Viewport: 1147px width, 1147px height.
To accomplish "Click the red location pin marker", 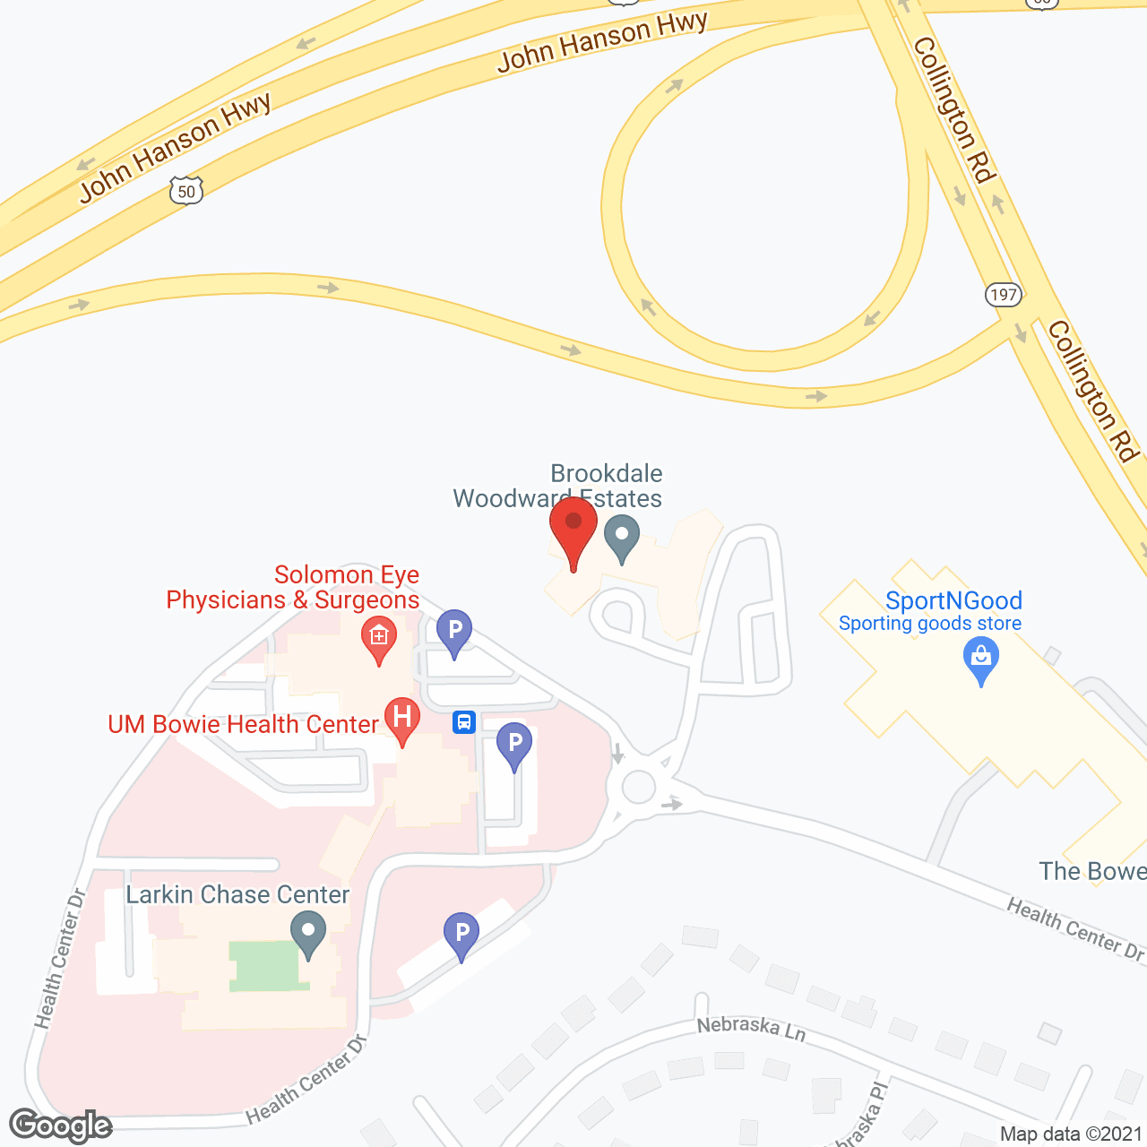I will click(573, 530).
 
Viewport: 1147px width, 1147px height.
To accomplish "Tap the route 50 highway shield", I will click(186, 191).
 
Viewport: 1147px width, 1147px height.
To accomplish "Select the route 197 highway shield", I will click(1004, 294).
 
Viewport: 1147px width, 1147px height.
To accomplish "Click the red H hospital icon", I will click(402, 718).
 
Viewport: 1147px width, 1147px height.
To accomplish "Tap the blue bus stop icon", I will click(463, 721).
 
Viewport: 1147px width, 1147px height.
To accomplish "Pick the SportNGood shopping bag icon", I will click(981, 658).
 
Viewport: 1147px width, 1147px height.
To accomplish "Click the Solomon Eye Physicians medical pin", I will click(379, 637).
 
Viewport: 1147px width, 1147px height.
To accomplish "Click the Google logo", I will click(61, 1125).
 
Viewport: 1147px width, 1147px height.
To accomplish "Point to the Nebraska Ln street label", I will click(751, 1028).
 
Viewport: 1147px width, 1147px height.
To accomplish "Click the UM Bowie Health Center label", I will click(243, 724).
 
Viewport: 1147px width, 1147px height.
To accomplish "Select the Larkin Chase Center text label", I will click(237, 894).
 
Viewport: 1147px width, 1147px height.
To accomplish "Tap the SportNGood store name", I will click(953, 600).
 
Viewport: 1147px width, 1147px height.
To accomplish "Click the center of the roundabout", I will click(638, 788).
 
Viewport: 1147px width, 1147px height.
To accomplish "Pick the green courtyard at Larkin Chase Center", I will click(263, 966).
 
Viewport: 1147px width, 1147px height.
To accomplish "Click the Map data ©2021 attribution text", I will click(1071, 1134).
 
